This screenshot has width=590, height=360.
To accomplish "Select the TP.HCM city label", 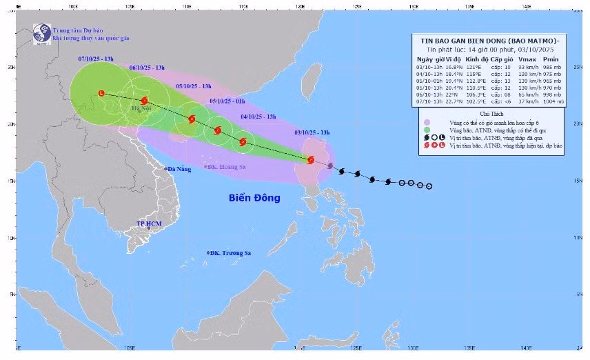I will click(148, 224).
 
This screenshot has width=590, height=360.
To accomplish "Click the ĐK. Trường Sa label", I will click(230, 254).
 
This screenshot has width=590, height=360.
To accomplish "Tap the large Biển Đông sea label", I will click(254, 198).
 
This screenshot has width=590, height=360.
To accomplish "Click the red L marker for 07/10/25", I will click(101, 93).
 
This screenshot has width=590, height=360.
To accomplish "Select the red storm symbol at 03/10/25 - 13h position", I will click(311, 160).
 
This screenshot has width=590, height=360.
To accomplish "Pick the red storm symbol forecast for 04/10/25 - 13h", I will click(243, 142).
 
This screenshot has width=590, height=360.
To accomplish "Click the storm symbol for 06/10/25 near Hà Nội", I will click(144, 101).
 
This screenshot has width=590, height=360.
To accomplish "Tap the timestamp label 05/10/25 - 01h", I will click(226, 101).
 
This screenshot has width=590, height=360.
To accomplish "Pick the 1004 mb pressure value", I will click(552, 101).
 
